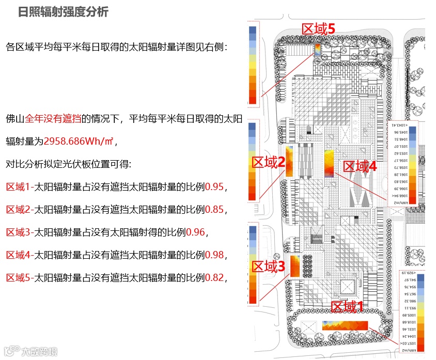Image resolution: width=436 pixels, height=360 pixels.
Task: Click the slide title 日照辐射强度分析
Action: [x=63, y=12]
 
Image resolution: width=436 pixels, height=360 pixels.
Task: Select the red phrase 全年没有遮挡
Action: [x=53, y=119]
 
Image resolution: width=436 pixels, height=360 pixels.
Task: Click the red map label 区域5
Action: [x=318, y=29]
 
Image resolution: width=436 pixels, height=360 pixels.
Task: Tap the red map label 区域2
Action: [x=268, y=163]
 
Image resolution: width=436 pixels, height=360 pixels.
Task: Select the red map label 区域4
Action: [x=360, y=166]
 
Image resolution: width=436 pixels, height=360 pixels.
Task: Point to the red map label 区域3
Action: [x=268, y=267]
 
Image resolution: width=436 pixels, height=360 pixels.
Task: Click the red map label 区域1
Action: [x=347, y=307]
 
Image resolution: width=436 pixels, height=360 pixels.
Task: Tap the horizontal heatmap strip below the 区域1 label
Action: [x=345, y=325]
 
